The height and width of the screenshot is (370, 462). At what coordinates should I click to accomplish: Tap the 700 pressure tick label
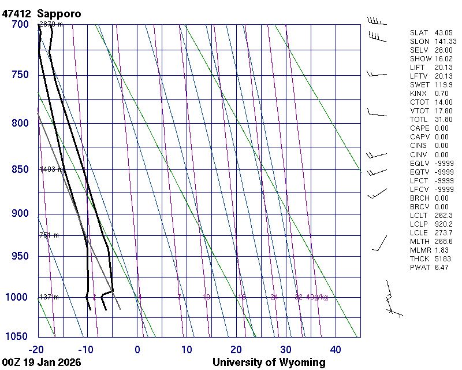click(20, 24)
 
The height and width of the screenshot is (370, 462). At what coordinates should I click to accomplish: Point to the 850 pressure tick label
click(20, 169)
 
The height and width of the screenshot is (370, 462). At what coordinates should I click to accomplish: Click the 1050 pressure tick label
click(17, 336)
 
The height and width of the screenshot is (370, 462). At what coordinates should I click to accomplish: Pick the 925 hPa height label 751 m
click(49, 235)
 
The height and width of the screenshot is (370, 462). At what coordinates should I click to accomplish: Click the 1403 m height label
click(51, 169)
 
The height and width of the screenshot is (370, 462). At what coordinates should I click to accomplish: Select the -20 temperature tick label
click(37, 349)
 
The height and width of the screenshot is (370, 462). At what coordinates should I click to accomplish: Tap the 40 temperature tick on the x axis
click(336, 349)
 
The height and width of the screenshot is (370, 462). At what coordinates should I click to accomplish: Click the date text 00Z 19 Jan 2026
click(42, 362)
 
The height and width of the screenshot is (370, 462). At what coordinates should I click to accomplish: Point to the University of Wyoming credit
click(269, 362)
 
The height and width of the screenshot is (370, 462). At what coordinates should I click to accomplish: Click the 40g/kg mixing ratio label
click(317, 297)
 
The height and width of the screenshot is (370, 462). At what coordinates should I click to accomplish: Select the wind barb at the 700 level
click(377, 22)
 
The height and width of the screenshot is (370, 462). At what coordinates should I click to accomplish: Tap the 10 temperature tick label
click(187, 349)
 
